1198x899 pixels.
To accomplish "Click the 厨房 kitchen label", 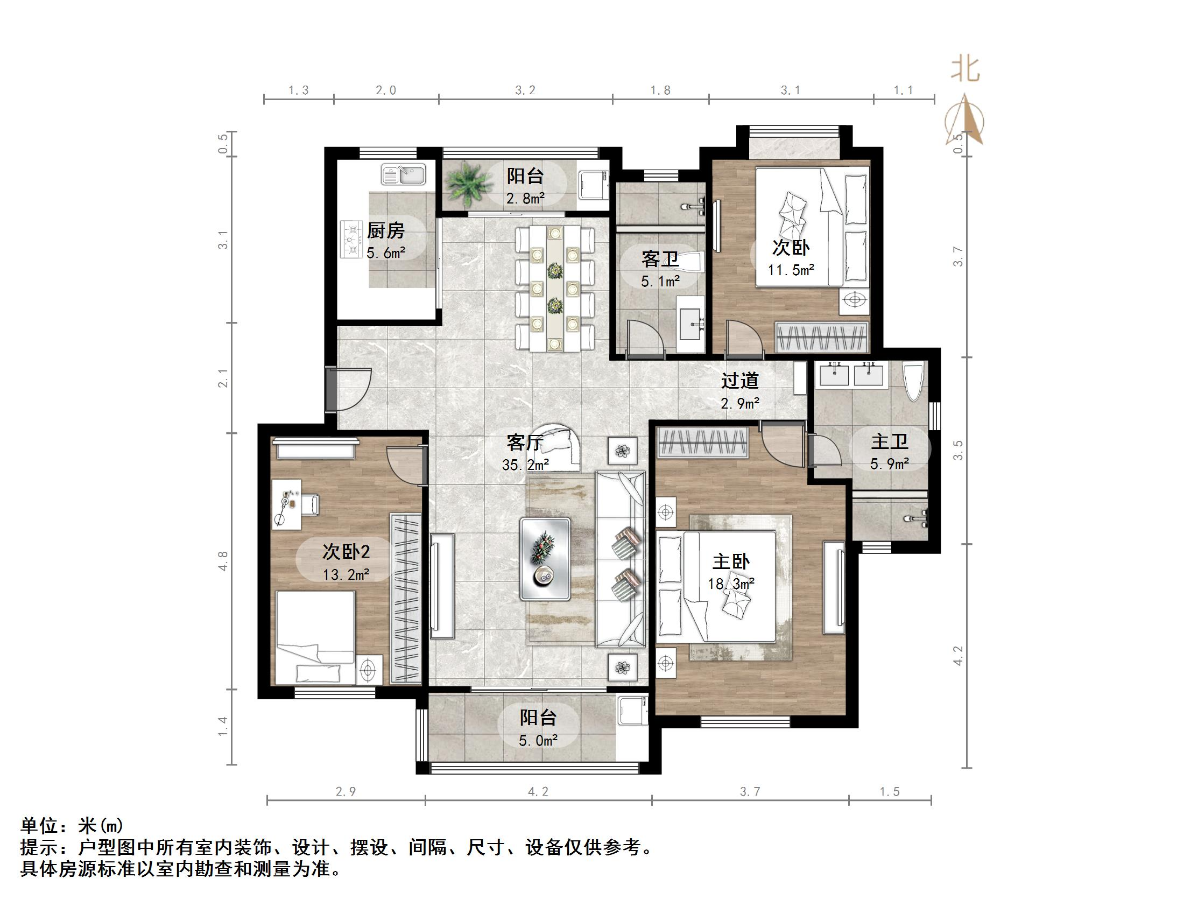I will (x=386, y=231).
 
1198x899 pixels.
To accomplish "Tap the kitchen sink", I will (x=404, y=174).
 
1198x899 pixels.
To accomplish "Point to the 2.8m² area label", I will (x=525, y=198).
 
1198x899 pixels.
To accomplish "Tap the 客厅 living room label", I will (x=524, y=443).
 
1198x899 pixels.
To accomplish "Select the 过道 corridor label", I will (x=739, y=381).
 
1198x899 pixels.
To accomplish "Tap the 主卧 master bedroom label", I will (x=731, y=561).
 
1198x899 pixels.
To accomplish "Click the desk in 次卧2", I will (x=286, y=504).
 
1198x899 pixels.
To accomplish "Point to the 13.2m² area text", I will (x=346, y=574).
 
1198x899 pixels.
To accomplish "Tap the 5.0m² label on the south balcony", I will (x=538, y=740).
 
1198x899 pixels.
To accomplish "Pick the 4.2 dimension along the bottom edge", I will (x=538, y=792).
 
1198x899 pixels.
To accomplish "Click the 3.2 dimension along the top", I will (x=525, y=90).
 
